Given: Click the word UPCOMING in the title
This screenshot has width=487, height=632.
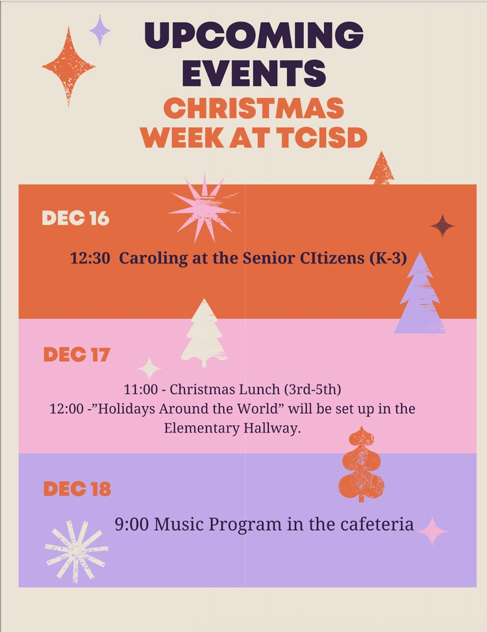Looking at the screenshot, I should point(253,36).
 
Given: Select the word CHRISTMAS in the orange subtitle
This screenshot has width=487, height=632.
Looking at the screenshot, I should point(253,108).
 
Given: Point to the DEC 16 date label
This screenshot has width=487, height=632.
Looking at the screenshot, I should point(75,218).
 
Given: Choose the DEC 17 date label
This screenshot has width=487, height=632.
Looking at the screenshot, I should point(77,355).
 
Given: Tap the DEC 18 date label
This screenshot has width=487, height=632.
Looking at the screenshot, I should point(77,489).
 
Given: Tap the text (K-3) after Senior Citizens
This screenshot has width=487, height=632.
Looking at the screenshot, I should point(388,259).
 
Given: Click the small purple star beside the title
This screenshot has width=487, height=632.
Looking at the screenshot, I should point(100,31).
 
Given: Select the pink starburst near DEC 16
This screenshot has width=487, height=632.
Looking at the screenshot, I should point(203,209).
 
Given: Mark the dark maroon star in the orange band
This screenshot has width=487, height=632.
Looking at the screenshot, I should point(443,226).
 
